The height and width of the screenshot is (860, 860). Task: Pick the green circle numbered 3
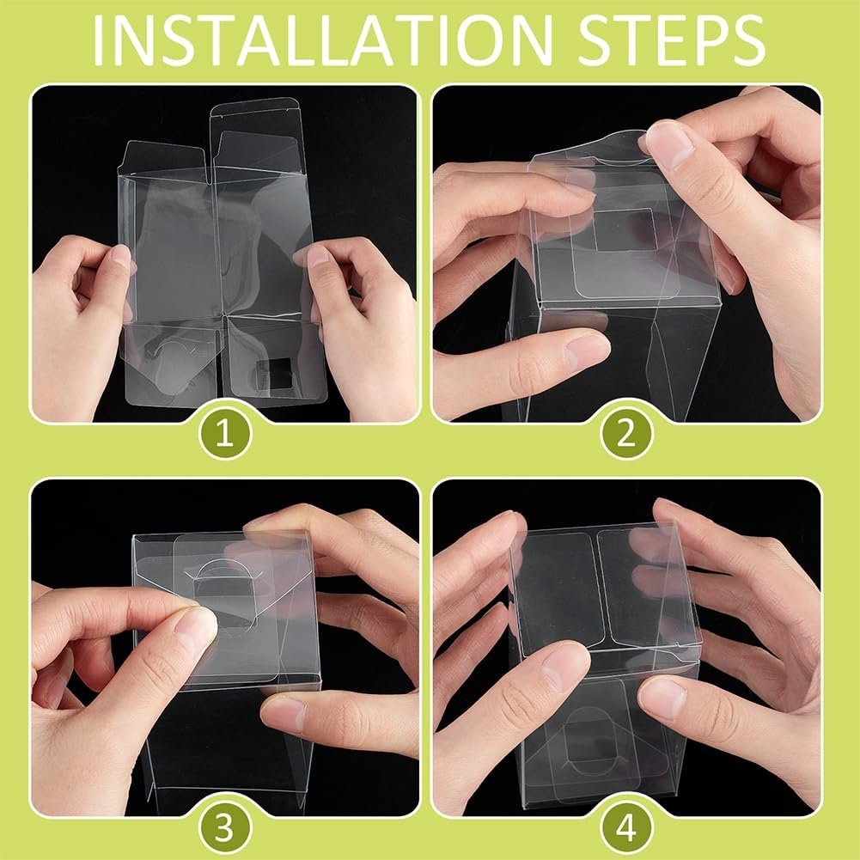(225, 827)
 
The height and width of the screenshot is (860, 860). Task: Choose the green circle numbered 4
(627, 827)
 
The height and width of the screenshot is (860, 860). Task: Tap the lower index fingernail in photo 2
(588, 352)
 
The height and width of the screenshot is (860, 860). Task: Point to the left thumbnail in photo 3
(196, 629)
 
